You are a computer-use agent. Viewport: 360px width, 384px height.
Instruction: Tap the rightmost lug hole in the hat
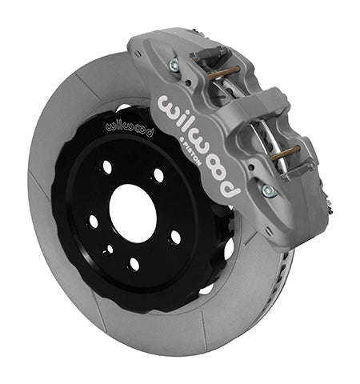(176, 237)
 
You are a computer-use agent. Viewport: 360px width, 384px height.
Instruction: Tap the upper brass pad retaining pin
(227, 73)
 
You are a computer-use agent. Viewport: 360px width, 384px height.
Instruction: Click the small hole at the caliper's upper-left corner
(142, 50)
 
